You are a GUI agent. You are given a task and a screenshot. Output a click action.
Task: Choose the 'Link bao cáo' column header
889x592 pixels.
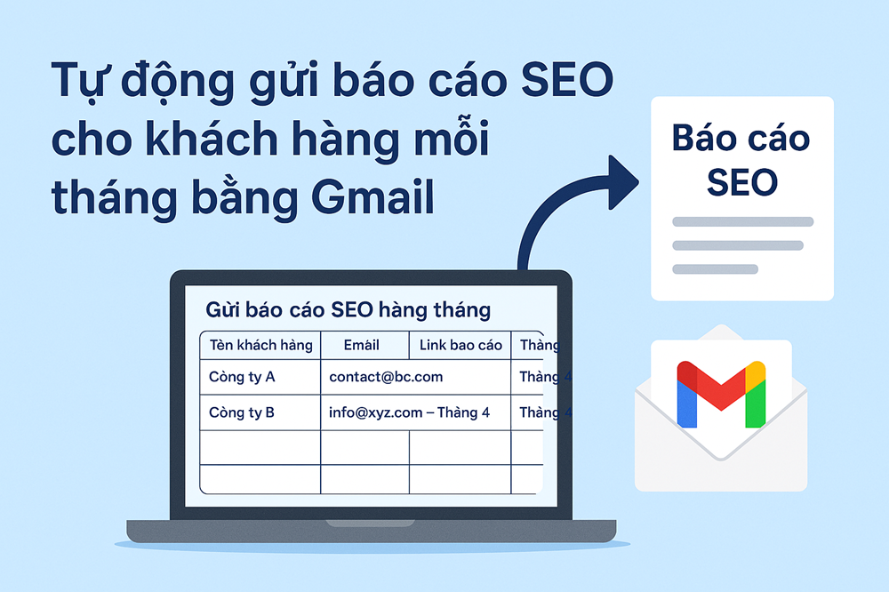461,345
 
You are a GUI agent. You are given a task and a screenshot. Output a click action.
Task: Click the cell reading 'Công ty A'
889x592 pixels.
242,377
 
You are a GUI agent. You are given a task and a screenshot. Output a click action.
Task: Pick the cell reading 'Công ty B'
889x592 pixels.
242,412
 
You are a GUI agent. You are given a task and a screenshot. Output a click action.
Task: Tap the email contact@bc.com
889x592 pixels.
386,377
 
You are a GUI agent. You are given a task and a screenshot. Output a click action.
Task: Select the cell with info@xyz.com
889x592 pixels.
409,412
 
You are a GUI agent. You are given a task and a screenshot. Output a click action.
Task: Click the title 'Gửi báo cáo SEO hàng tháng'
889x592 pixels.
348,310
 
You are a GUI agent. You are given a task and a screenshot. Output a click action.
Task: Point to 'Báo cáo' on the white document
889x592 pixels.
741,139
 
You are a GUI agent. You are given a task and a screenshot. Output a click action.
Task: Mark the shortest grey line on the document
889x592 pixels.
715,268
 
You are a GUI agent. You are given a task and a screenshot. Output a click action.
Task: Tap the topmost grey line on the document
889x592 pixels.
742,221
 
